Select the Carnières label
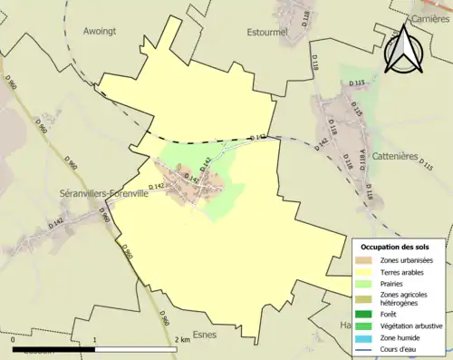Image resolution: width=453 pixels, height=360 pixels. click(x=430, y=18)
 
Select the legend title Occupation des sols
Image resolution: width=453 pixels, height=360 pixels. click(x=401, y=247)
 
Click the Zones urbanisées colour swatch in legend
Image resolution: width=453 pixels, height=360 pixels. click(x=368, y=261)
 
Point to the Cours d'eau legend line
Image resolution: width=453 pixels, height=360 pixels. click(x=368, y=347)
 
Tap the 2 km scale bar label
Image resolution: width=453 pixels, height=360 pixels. click(x=183, y=340)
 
